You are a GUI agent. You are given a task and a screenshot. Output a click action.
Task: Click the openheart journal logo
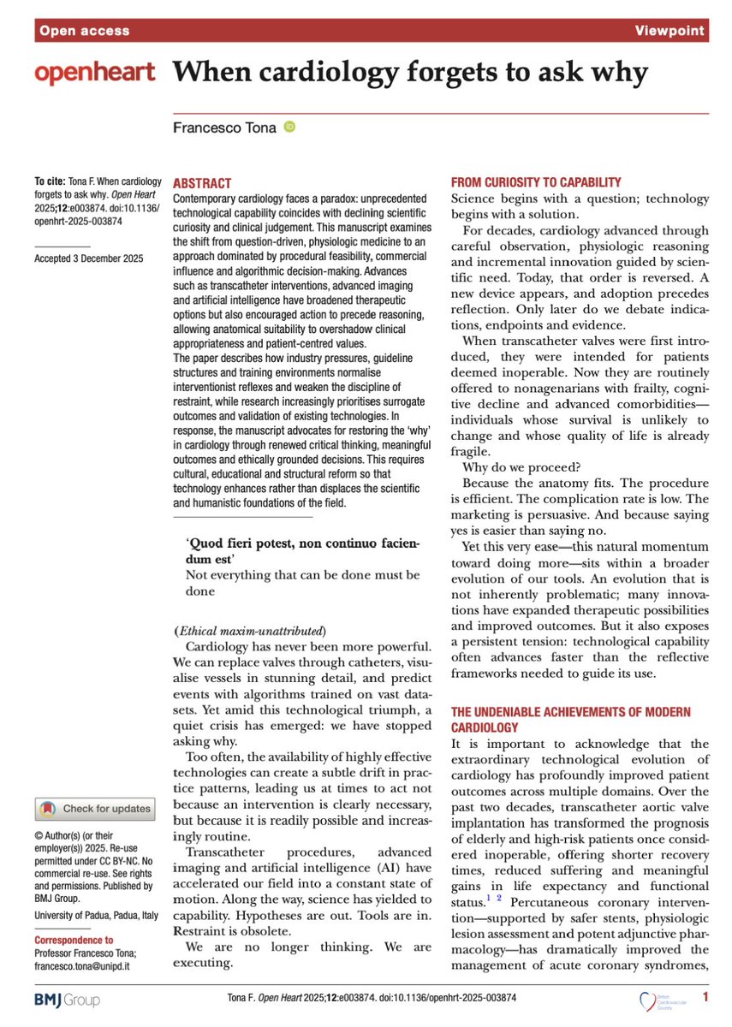[94, 74]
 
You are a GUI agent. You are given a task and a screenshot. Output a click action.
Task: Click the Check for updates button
[94, 808]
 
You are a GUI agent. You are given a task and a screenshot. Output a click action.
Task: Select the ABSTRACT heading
[202, 183]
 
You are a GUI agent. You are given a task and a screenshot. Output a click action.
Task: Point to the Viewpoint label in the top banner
[670, 31]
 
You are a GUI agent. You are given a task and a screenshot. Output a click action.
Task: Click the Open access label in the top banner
[83, 31]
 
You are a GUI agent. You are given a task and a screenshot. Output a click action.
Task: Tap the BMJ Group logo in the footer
[67, 999]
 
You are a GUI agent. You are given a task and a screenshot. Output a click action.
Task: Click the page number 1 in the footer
[705, 997]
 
